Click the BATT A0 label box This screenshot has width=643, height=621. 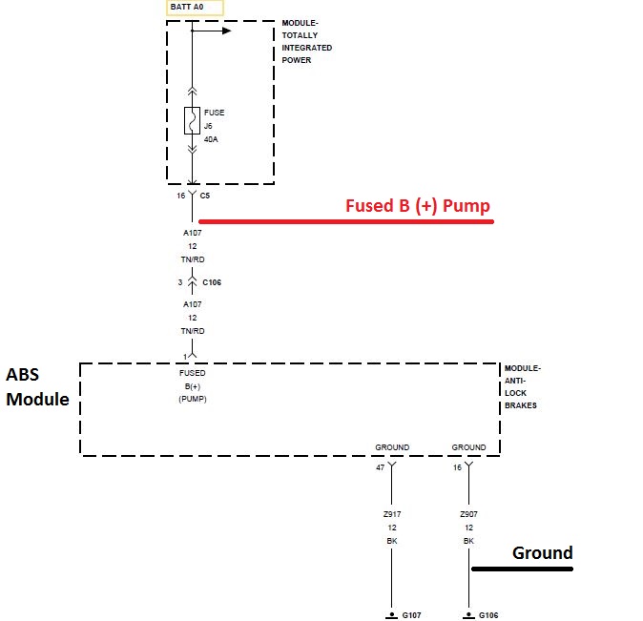pyautogui.click(x=195, y=9)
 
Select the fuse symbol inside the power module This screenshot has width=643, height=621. pyautogui.click(x=192, y=121)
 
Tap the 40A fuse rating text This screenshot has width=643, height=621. pyautogui.click(x=211, y=139)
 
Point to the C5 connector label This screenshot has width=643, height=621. pyautogui.click(x=205, y=195)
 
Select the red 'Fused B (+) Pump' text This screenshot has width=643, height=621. pyautogui.click(x=417, y=205)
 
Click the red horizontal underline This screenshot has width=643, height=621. pyautogui.click(x=345, y=221)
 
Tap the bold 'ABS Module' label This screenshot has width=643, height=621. pyautogui.click(x=37, y=386)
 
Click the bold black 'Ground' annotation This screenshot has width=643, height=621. pyautogui.click(x=542, y=552)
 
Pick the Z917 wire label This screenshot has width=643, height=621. pyautogui.click(x=391, y=514)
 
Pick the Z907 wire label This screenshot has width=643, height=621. pyautogui.click(x=468, y=514)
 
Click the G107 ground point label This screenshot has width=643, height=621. pyautogui.click(x=412, y=615)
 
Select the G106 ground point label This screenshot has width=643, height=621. pyautogui.click(x=489, y=615)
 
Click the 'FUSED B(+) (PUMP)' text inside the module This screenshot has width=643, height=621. pyautogui.click(x=192, y=386)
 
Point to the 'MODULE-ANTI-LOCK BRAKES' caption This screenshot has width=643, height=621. pyautogui.click(x=522, y=386)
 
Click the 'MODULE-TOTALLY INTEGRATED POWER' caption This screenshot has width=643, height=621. pyautogui.click(x=307, y=41)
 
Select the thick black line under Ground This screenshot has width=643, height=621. pyautogui.click(x=522, y=569)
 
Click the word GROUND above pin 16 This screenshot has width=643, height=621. pyautogui.click(x=468, y=447)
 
